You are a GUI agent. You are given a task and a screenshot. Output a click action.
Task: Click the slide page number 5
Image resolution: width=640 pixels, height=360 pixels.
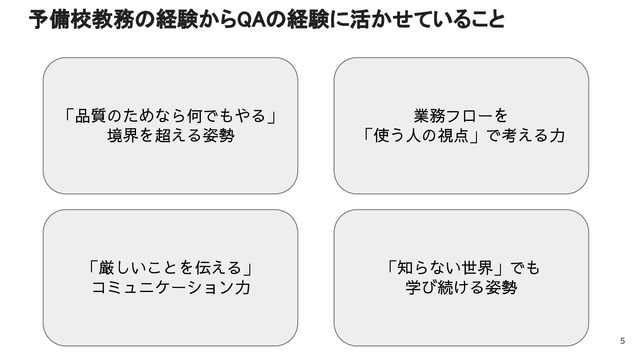(622, 341)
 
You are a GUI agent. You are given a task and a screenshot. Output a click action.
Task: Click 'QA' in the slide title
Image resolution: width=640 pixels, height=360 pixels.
(252, 20)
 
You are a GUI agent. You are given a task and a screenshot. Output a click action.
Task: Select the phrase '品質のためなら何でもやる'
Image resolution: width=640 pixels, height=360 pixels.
(171, 116)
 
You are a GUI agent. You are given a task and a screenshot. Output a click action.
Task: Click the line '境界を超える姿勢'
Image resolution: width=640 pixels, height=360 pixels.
(171, 136)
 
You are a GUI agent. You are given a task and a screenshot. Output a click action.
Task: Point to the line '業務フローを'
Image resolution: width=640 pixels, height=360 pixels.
(461, 116)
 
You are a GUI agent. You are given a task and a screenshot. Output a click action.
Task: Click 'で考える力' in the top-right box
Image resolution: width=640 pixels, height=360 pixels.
(526, 136)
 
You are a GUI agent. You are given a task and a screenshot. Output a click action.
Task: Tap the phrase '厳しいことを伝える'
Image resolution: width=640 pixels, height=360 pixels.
(171, 268)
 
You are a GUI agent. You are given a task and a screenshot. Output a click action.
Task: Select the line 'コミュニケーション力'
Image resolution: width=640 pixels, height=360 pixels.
(171, 288)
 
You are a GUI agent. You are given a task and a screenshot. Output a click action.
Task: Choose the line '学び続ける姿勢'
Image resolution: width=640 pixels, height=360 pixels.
(461, 288)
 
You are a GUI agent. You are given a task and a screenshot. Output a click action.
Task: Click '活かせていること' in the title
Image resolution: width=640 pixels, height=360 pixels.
(427, 20)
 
